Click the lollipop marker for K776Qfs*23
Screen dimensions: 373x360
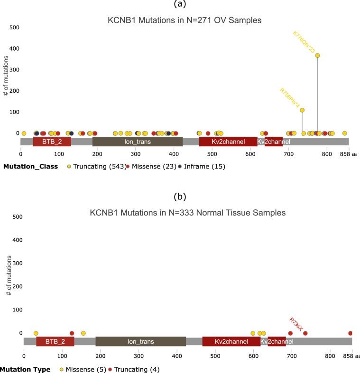click(317, 55)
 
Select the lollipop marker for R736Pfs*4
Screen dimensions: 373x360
click(302, 110)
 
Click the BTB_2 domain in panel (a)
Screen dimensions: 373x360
click(52, 142)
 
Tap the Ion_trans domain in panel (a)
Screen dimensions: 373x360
click(138, 142)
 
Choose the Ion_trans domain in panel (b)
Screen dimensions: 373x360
click(140, 341)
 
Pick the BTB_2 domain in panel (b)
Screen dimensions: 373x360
click(55, 341)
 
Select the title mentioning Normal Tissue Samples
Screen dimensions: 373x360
click(188, 213)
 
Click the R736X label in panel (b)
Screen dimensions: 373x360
click(296, 325)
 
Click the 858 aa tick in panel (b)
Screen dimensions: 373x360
click(353, 355)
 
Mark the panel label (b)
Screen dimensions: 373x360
click(180, 195)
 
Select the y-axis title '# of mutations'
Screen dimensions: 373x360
click(6, 80)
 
